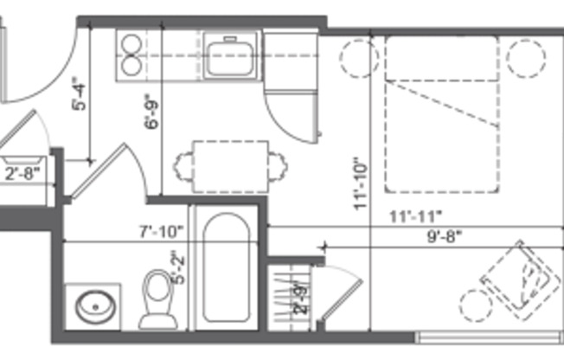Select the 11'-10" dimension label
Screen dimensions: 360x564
(x=361, y=184)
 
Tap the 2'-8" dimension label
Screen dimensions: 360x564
(x=22, y=173)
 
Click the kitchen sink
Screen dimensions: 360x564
(x=231, y=55)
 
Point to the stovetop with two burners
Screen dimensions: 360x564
(x=132, y=55)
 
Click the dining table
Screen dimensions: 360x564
(x=230, y=164)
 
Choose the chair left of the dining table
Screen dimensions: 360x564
(x=184, y=164)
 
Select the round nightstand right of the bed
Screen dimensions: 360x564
(x=526, y=57)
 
